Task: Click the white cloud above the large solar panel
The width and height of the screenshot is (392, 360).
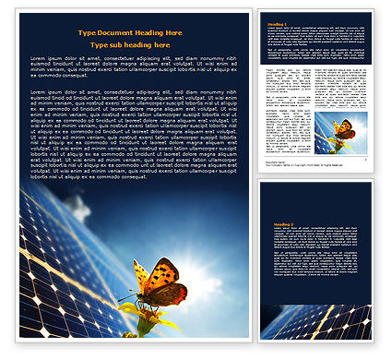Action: click(x=74, y=207)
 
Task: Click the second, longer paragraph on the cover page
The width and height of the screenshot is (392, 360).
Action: click(x=133, y=133)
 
